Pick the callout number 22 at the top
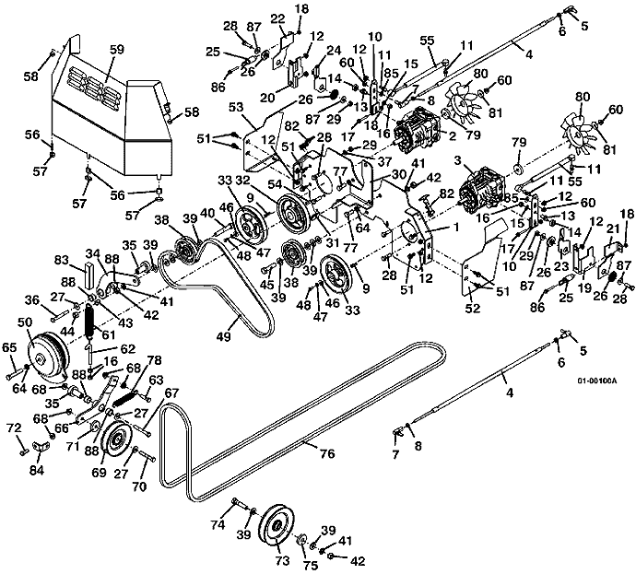[277, 19]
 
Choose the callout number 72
[12, 429]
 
